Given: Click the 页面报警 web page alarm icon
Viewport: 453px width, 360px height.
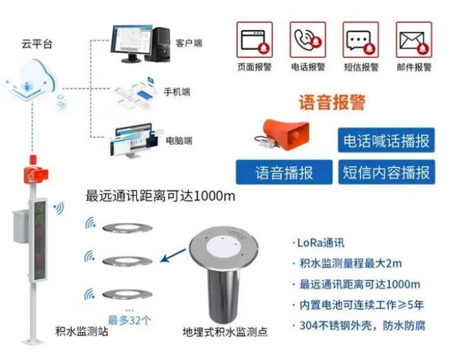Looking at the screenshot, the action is click(x=255, y=39).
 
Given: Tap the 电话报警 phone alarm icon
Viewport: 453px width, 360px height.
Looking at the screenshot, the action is click(x=308, y=39).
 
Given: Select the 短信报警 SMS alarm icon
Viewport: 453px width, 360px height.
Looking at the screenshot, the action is click(x=361, y=39).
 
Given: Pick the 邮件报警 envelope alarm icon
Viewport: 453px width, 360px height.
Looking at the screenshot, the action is click(x=414, y=39).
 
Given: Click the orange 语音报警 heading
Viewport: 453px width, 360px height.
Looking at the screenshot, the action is click(x=332, y=102).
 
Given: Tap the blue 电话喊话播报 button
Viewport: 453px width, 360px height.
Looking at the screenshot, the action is click(x=387, y=141).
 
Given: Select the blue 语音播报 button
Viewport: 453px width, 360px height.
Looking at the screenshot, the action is click(x=284, y=172).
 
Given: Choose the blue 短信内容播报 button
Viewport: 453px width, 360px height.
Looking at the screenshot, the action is click(x=387, y=172).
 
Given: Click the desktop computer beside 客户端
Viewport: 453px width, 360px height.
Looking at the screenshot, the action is click(x=140, y=44).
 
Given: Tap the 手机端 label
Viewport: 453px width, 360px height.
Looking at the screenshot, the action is click(x=177, y=92).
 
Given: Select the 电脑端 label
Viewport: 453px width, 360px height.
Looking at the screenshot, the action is click(x=179, y=141).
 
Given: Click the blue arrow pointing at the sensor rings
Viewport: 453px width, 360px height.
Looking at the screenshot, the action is click(x=174, y=255).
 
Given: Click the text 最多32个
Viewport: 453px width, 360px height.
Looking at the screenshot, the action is click(x=129, y=321).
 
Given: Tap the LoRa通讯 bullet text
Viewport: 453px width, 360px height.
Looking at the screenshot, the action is click(x=321, y=242).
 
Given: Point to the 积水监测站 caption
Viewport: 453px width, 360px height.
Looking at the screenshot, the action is click(x=82, y=332).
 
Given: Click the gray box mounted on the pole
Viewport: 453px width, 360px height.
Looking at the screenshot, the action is click(x=21, y=227).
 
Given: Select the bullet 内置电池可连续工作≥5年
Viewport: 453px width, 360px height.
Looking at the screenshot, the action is click(x=362, y=305).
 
